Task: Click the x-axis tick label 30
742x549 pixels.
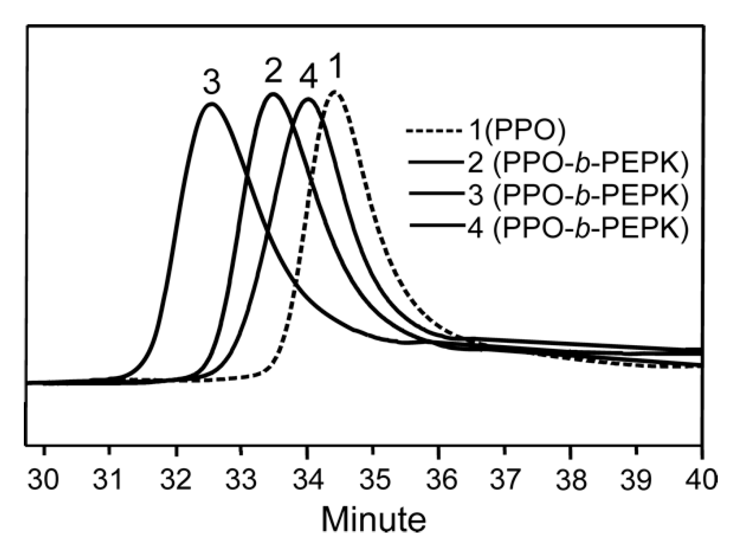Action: [43, 480]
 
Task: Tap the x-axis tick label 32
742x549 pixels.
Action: [176, 480]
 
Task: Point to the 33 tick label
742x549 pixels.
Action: [241, 480]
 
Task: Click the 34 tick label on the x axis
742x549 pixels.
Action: [307, 480]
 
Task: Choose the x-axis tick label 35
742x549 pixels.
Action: [372, 480]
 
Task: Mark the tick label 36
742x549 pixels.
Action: [438, 480]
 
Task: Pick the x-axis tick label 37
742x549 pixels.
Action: [504, 480]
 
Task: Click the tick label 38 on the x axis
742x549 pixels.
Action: [570, 480]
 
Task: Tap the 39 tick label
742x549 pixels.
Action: [636, 480]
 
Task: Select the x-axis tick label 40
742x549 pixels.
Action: [701, 480]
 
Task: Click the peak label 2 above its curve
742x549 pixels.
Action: [273, 73]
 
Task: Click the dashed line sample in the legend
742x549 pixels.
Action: [434, 130]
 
